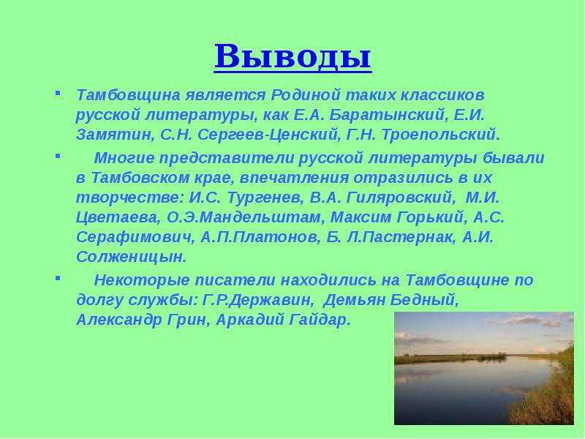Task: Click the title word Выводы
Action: pos(293,56)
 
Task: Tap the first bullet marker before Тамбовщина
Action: pos(58,92)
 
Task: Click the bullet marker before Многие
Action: pos(58,155)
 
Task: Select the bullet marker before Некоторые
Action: pos(58,277)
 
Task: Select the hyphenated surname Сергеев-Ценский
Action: pos(268,135)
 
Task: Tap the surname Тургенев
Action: pos(265,198)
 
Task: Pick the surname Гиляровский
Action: pos(400,198)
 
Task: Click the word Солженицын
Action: pos(131,257)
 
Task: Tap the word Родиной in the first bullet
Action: pos(306,95)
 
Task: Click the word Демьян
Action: pos(354,300)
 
